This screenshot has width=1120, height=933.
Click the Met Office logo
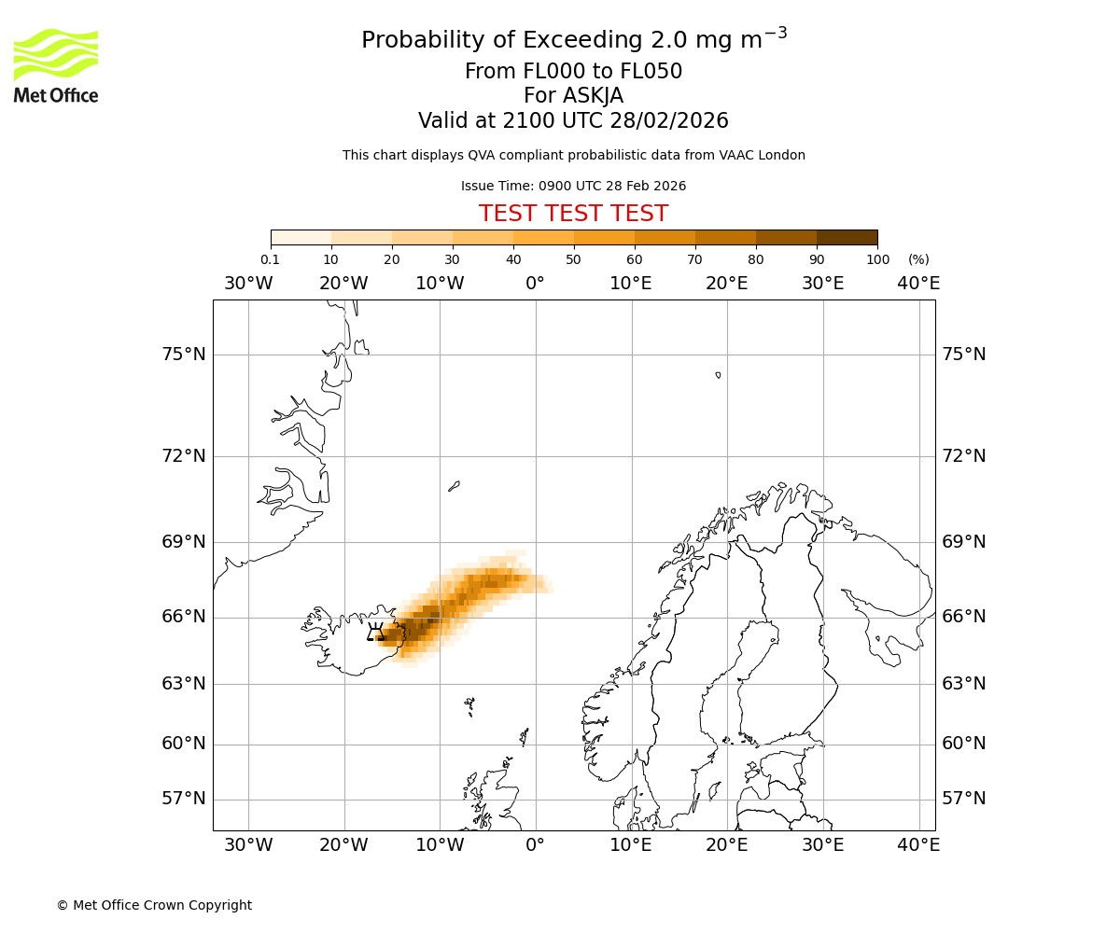click(56, 65)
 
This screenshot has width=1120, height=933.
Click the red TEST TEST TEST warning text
click(573, 214)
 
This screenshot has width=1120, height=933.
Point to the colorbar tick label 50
click(573, 259)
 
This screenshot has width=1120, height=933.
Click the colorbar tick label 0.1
click(271, 259)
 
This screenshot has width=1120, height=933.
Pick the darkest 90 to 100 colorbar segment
click(847, 237)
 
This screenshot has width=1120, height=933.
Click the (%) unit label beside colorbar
click(918, 259)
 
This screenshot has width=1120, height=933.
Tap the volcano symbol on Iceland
click(376, 633)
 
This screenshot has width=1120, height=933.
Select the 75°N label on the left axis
click(183, 355)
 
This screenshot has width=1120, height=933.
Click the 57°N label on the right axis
click(963, 799)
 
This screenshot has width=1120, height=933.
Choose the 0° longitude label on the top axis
click(535, 284)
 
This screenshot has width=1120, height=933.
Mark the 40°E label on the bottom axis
click(918, 845)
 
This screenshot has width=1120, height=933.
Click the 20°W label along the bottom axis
click(343, 845)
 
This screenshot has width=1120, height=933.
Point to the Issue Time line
click(573, 186)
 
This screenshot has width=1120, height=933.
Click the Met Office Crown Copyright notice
click(154, 905)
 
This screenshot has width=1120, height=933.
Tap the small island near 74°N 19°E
click(718, 375)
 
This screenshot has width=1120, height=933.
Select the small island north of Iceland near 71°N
click(454, 486)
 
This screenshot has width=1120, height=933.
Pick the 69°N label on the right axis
click(963, 542)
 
